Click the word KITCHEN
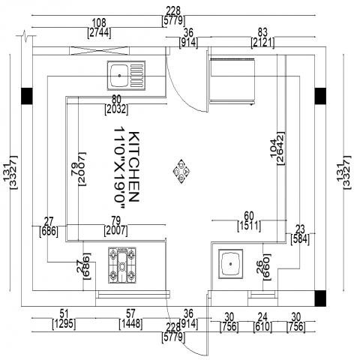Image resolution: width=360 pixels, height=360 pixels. pyautogui.click(x=133, y=166)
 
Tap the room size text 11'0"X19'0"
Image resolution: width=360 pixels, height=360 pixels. pyautogui.click(x=119, y=168)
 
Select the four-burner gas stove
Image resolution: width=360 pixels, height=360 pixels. pyautogui.click(x=122, y=265)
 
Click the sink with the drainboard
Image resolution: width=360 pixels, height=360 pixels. pyautogui.click(x=126, y=75)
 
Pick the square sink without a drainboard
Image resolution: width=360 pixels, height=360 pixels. pyautogui.click(x=231, y=264)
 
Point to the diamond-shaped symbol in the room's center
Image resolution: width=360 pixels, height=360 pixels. pyautogui.click(x=181, y=172)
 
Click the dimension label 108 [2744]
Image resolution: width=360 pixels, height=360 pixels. pyautogui.click(x=99, y=28)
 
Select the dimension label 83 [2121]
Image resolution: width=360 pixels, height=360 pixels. pyautogui.click(x=262, y=37)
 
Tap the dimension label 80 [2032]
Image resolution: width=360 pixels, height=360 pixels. pyautogui.click(x=116, y=105)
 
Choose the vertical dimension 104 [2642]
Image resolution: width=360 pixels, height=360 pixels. pyautogui.click(x=277, y=148)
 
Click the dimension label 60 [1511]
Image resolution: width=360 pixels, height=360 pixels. pyautogui.click(x=249, y=221)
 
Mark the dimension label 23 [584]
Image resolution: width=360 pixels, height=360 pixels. pyautogui.click(x=300, y=234)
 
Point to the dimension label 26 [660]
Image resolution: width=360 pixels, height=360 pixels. pyautogui.click(x=264, y=267)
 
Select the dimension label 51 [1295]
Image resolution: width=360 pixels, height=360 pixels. pyautogui.click(x=64, y=319)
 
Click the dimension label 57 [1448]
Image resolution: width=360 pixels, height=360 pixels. pyautogui.click(x=130, y=319)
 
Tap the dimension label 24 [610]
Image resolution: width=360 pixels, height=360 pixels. pyautogui.click(x=262, y=322)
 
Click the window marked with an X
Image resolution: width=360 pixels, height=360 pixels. pyautogui.click(x=99, y=51)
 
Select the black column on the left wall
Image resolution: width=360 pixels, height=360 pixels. pyautogui.click(x=27, y=96)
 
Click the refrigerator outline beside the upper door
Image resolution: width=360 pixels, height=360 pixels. pyautogui.click(x=232, y=81)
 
